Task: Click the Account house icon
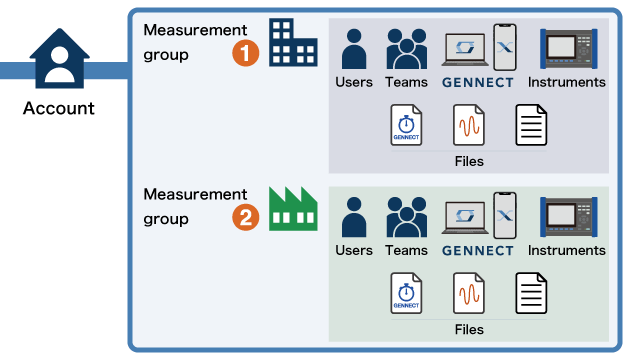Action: (59, 61)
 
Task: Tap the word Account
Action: (59, 108)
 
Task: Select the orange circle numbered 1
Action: (246, 52)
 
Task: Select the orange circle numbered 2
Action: (246, 217)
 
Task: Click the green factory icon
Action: (293, 207)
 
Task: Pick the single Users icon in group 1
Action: (354, 48)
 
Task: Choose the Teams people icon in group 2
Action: (406, 216)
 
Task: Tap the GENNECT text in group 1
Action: (478, 82)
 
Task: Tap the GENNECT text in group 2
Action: (478, 250)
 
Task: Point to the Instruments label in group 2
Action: (567, 250)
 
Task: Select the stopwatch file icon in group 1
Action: (405, 127)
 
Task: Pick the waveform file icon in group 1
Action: (468, 127)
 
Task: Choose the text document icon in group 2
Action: (531, 294)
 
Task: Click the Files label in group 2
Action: (469, 329)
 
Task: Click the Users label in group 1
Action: (354, 82)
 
